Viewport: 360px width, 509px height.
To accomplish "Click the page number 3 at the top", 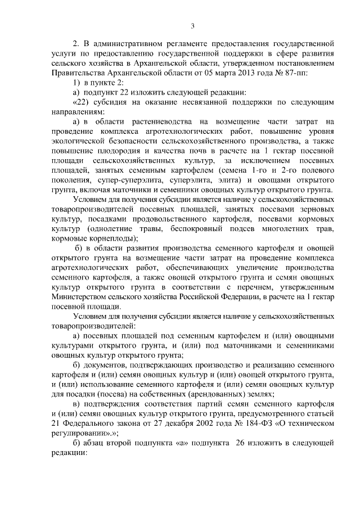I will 192,25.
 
